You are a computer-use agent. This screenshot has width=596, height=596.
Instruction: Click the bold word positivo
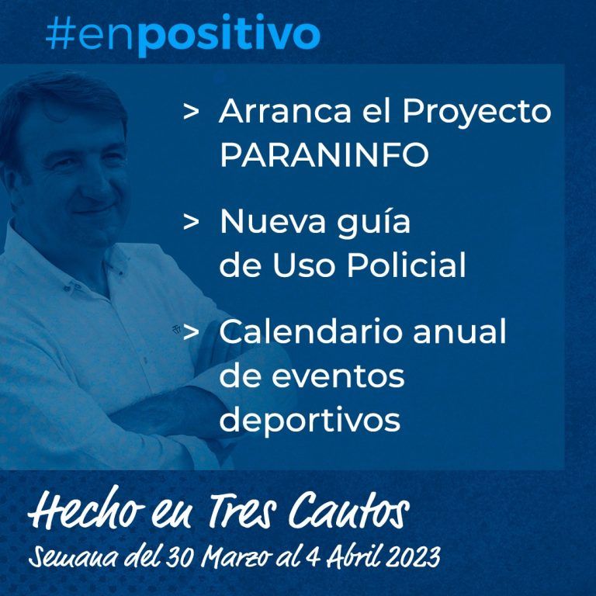coord(228,36)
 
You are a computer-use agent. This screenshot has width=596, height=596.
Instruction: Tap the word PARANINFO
coord(324,154)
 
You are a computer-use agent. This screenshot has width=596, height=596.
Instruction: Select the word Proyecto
coord(476,113)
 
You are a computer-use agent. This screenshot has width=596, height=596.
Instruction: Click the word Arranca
coord(285,111)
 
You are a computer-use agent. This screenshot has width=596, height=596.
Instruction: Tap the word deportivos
coord(310,421)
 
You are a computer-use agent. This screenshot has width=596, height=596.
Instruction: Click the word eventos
coord(338,376)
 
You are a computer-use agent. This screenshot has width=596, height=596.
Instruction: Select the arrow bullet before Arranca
coord(191,112)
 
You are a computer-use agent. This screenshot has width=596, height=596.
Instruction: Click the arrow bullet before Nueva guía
coord(191,222)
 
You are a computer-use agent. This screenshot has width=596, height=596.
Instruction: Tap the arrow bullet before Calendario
coord(191,332)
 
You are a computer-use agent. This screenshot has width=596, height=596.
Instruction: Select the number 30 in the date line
coord(180,557)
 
